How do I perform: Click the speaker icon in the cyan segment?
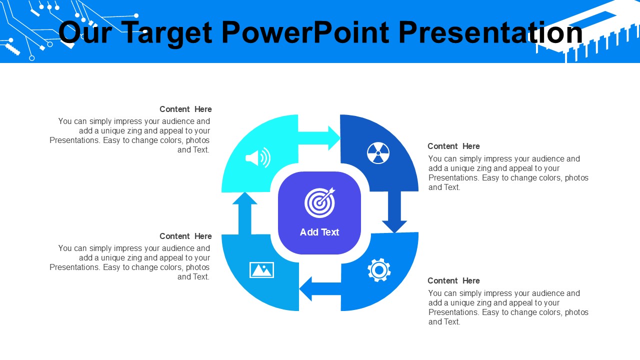coord(258,157)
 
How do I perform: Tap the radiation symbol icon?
coord(378,153)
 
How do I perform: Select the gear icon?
coord(379,270)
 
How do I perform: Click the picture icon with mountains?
coord(261,269)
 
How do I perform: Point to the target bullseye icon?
coord(319,202)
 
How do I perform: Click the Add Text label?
coord(319,232)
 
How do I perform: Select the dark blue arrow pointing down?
coord(394,212)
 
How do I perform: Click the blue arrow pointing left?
coord(320,288)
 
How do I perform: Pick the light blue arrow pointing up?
coord(245,213)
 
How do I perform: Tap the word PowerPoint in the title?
coord(305,32)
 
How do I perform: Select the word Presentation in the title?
coord(490,32)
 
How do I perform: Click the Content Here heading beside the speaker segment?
coord(185,109)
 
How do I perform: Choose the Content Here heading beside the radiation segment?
coord(453,146)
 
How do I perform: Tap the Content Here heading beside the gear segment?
coord(453,281)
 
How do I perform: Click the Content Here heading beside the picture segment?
coord(185,236)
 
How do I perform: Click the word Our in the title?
coord(85,32)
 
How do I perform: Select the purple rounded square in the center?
coord(319,213)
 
